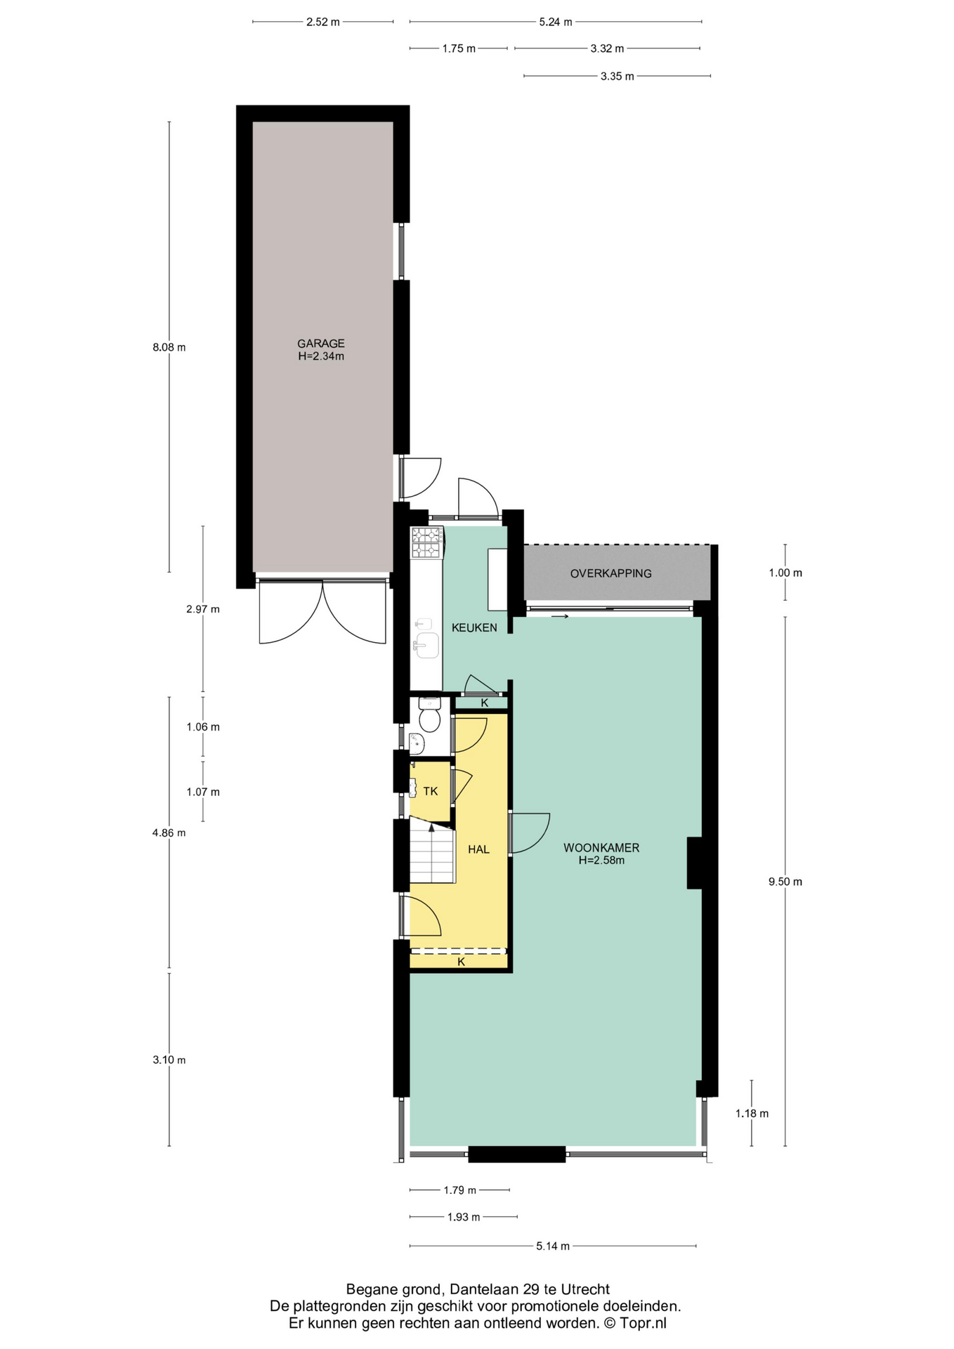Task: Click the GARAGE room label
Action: (x=321, y=344)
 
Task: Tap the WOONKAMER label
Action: (x=601, y=847)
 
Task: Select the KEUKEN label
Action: (x=474, y=627)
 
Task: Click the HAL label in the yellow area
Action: (x=478, y=849)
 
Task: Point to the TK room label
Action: (x=431, y=791)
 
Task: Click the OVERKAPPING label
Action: (x=611, y=573)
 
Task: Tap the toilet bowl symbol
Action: (x=429, y=715)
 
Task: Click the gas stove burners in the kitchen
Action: (x=426, y=542)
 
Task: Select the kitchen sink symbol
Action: (x=426, y=645)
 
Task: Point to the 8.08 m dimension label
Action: (x=169, y=347)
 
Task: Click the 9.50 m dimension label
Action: (x=785, y=882)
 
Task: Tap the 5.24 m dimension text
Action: (x=556, y=22)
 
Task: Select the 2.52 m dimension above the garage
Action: (x=323, y=22)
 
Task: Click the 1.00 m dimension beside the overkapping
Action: (x=785, y=573)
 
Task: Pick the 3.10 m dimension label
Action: (x=169, y=1060)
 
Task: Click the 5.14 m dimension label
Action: (x=553, y=1246)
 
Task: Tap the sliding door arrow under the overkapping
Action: (x=560, y=617)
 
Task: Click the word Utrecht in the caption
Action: (x=585, y=1290)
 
